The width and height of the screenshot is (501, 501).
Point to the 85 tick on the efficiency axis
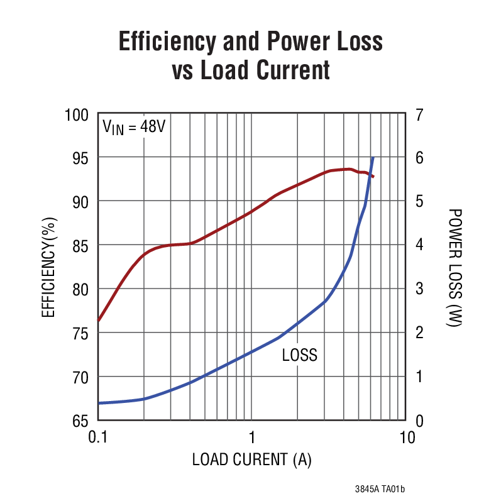pyautogui.click(x=80, y=245)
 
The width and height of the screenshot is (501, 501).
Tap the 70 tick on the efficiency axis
pyautogui.click(x=80, y=377)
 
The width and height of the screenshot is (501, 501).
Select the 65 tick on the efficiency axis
pyautogui.click(x=80, y=420)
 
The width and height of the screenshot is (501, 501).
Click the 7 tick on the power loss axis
pyautogui.click(x=419, y=115)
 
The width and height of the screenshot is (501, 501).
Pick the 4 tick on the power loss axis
pyautogui.click(x=419, y=245)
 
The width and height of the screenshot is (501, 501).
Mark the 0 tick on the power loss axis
pyautogui.click(x=419, y=420)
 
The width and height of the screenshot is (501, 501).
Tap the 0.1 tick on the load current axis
pyautogui.click(x=98, y=437)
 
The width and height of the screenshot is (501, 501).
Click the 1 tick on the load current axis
pyautogui.click(x=251, y=437)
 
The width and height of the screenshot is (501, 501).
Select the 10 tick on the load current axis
pyautogui.click(x=407, y=437)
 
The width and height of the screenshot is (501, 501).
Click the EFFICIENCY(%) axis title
pyautogui.click(x=49, y=267)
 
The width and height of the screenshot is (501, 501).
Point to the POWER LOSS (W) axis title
pyautogui.click(x=455, y=267)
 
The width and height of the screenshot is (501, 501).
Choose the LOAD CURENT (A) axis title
pyautogui.click(x=251, y=460)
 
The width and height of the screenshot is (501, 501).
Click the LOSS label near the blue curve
pyautogui.click(x=299, y=355)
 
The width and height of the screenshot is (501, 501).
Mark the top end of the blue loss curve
pyautogui.click(x=373, y=158)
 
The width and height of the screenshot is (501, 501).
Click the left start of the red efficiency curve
pyautogui.click(x=99, y=320)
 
